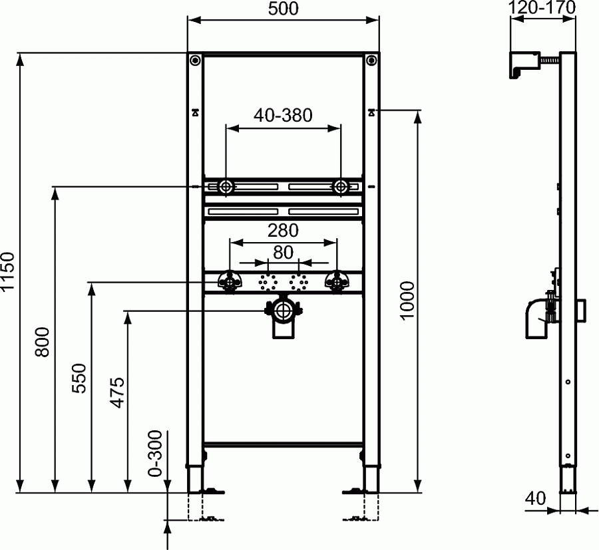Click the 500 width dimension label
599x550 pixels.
[x=284, y=9]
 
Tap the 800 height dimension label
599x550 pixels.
[x=42, y=342]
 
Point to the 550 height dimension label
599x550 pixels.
[x=79, y=378]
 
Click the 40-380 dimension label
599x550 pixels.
[x=284, y=115]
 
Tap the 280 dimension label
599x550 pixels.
[x=284, y=231]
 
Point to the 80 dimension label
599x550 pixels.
[x=284, y=252]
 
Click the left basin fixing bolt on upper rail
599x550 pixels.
[x=226, y=187]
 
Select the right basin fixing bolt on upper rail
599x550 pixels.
[x=341, y=187]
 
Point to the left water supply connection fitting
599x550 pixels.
[x=230, y=283]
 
